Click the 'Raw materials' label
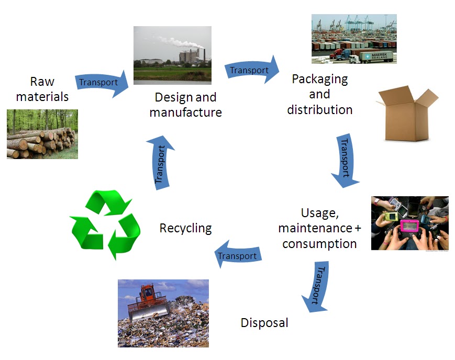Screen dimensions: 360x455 [x=42, y=89]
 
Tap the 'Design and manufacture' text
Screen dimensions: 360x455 [x=185, y=105]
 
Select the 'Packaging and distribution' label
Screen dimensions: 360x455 [x=319, y=94]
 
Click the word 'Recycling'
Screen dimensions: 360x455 [x=185, y=228]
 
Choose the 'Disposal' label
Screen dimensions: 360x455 [x=264, y=322]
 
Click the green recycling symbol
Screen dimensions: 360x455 [x=105, y=225]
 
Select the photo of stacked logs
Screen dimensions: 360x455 [x=42, y=134]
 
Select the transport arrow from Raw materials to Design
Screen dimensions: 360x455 [x=102, y=83]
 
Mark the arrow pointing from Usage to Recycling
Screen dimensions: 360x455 [x=239, y=255]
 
